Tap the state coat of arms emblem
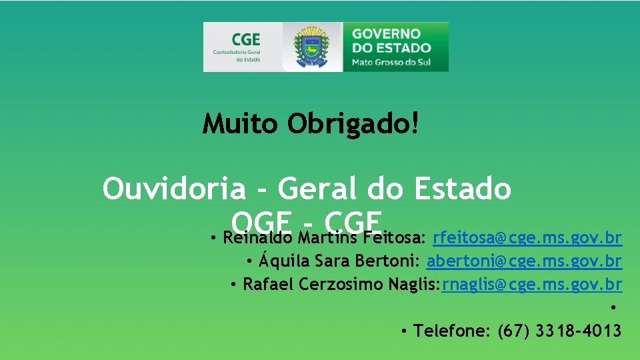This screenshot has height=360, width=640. tap(312, 47)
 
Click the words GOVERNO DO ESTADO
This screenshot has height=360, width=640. tap(391, 41)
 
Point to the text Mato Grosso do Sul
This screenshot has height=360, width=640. tap(391, 63)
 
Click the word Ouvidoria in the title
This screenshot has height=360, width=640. tap(174, 189)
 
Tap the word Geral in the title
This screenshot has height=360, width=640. tap(319, 189)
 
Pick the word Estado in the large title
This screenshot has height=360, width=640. tap(463, 189)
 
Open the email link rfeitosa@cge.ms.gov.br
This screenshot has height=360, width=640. tap(527, 238)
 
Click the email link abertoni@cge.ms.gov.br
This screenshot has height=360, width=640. tap(525, 261)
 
